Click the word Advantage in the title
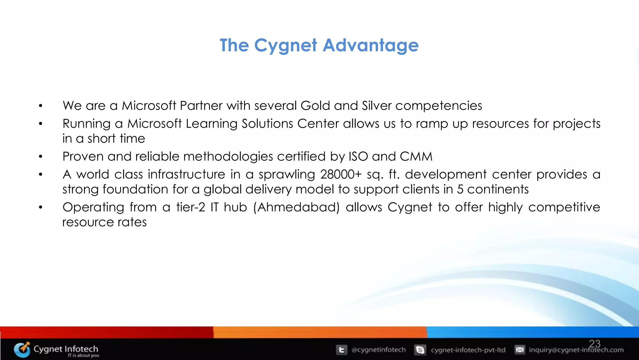click(370, 45)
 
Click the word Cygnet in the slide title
click(285, 46)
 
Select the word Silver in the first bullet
click(377, 106)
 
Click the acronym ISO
click(358, 156)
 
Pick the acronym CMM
click(416, 156)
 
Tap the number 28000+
click(341, 175)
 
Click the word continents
click(498, 190)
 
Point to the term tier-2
click(190, 207)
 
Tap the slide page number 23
click(595, 344)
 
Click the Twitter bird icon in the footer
click(341, 350)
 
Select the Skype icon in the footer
click(420, 350)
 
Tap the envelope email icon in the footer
click(520, 350)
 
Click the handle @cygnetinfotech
click(378, 350)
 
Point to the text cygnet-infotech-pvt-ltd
click(468, 350)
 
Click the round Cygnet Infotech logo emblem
click(22, 349)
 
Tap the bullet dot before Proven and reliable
click(41, 156)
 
